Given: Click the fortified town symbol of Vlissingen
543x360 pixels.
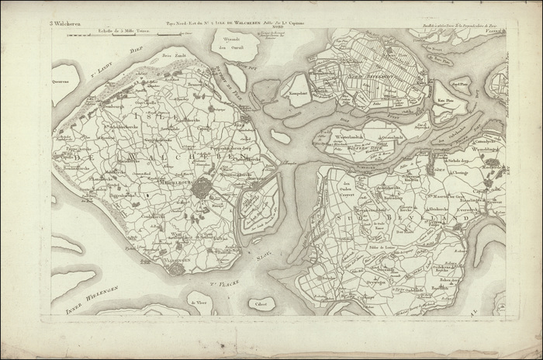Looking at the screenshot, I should click(x=178, y=268).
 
